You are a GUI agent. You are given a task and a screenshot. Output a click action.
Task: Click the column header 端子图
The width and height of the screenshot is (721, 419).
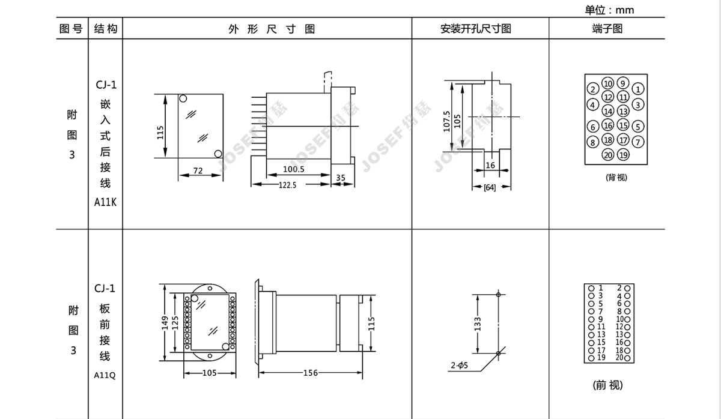(607, 29)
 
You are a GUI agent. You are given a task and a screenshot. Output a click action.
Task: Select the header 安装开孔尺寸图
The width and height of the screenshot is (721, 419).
(476, 29)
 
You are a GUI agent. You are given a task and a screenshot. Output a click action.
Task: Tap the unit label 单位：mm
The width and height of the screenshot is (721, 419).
(609, 10)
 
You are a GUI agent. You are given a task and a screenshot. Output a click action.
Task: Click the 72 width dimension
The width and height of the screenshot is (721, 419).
(198, 170)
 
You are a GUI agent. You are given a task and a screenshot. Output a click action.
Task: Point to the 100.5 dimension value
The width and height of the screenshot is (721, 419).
(294, 169)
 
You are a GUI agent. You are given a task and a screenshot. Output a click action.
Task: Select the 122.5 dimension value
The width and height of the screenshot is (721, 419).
(287, 185)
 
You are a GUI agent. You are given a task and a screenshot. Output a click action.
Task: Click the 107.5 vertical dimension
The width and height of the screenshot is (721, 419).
(446, 121)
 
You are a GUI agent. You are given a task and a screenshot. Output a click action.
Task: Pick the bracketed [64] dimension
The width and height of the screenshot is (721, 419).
(490, 187)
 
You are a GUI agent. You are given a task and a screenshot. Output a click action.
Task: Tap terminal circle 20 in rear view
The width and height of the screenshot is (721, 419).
(607, 155)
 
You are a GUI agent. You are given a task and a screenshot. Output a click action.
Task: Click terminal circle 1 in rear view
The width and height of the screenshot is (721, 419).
(638, 89)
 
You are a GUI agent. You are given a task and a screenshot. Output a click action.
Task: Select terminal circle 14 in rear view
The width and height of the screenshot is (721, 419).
(607, 111)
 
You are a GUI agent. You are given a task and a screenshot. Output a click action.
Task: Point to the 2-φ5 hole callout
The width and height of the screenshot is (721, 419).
(459, 366)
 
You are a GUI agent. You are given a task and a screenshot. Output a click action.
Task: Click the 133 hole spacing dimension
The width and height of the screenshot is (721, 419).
(477, 324)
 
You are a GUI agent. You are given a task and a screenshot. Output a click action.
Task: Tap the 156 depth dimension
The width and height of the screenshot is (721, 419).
(310, 373)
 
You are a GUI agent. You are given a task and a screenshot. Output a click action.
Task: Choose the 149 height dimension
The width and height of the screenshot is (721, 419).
(165, 323)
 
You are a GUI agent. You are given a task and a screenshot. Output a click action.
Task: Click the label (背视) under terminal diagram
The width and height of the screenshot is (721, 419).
(616, 177)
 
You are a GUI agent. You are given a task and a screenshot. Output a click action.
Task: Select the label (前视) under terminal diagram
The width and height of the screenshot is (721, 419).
(607, 385)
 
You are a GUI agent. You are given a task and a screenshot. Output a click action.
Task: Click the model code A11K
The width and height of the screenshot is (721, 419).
(105, 202)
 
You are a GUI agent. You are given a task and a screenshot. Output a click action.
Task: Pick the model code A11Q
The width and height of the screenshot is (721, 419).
(105, 375)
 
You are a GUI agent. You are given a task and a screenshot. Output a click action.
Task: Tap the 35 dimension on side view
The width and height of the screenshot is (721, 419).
(341, 178)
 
